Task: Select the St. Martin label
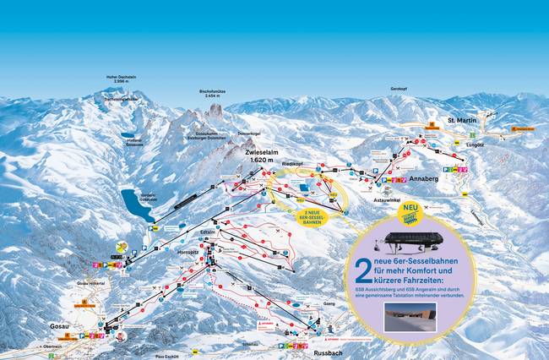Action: point(462,121)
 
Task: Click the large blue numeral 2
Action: point(362,270)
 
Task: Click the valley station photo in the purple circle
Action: point(410,317)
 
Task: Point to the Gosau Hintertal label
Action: point(88,282)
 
